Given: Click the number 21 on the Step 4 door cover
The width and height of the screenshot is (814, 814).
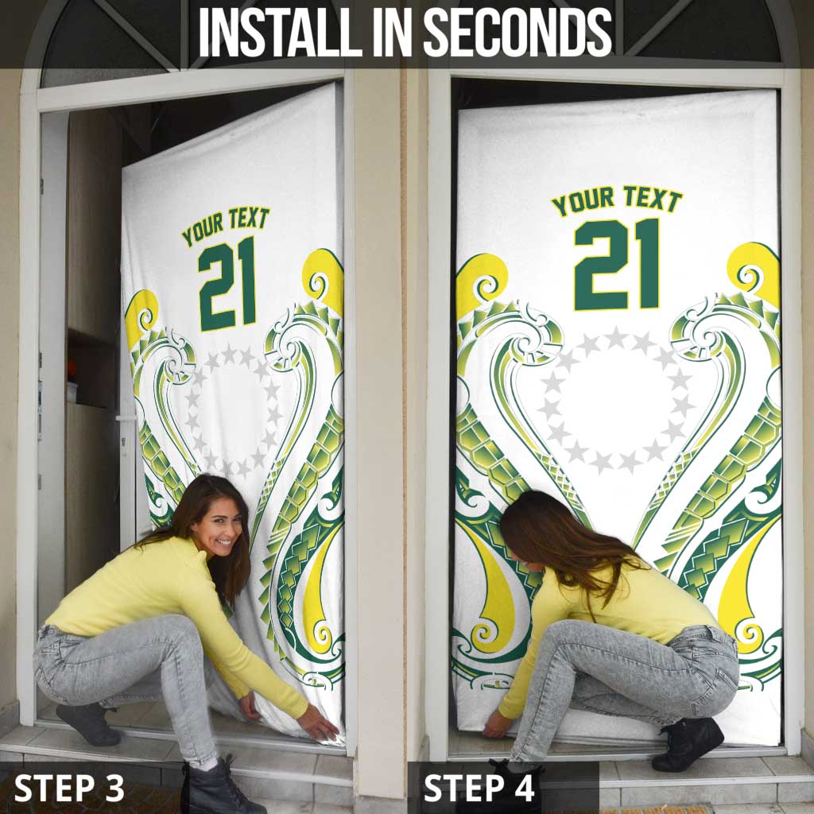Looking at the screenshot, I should click(617, 264).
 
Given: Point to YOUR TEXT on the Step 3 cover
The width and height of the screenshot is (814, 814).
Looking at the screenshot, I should click(226, 225).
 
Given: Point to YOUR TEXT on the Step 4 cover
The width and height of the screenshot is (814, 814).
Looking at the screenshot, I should click(617, 200).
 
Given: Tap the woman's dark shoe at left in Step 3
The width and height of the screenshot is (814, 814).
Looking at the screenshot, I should click(85, 723).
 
